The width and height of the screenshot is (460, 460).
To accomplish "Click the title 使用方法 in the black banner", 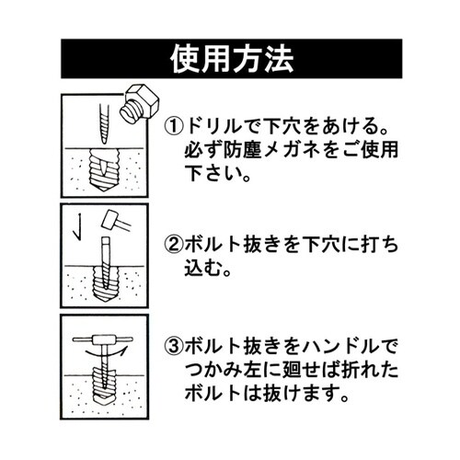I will coord(230,59).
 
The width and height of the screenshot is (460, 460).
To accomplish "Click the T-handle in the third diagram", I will coord(100,339).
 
